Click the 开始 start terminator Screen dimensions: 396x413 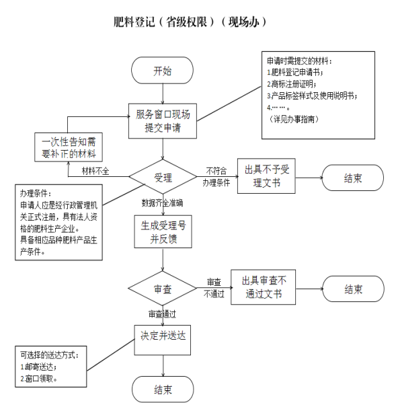click(162, 71)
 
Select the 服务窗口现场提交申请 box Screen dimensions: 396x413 click(163, 121)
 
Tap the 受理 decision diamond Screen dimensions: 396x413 click(163, 177)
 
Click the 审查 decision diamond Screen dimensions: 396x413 click(163, 289)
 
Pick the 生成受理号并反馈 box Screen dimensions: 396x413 click(163, 231)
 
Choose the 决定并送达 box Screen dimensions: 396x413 click(163, 340)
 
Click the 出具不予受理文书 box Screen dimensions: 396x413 click(266, 176)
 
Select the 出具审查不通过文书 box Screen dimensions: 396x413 click(264, 287)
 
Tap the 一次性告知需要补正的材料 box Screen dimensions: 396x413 click(69, 147)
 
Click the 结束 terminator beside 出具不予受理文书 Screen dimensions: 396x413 click(353, 178)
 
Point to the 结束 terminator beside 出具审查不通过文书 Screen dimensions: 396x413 click(354, 289)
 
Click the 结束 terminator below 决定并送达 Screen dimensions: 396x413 click(163, 389)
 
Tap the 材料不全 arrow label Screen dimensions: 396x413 click(95, 172)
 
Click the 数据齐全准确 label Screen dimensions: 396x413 click(162, 203)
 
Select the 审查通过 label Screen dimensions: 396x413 click(162, 314)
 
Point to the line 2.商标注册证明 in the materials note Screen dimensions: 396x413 click(292, 84)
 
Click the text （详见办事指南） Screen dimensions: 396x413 click(293, 119)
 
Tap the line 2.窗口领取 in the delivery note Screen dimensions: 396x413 click(39, 379)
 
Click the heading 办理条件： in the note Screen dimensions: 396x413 click(36, 193)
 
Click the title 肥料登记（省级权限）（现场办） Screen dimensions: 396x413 click(190, 22)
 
